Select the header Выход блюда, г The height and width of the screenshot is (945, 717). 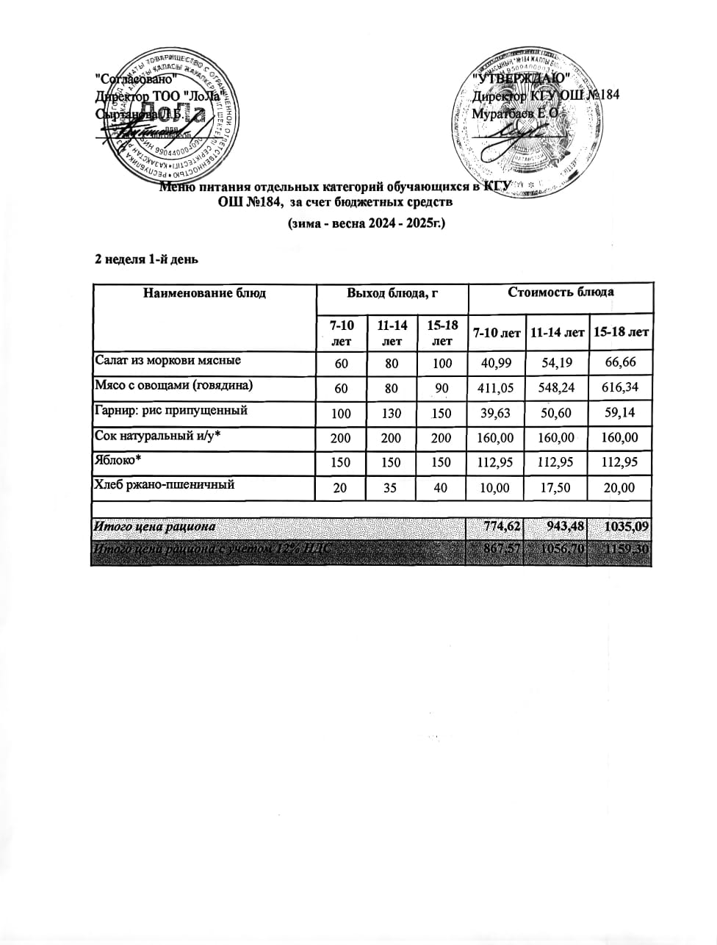[392, 293]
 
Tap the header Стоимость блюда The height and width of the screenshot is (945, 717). [561, 292]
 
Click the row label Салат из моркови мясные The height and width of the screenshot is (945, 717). [167, 361]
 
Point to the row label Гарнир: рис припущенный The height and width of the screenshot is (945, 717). [170, 411]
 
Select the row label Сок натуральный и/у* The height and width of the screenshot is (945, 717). [158, 436]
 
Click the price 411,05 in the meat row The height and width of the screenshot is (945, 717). [496, 388]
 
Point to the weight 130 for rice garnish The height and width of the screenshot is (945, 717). [392, 413]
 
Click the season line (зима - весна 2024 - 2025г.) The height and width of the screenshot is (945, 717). [366, 223]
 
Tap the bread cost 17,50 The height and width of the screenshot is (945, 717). [557, 488]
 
